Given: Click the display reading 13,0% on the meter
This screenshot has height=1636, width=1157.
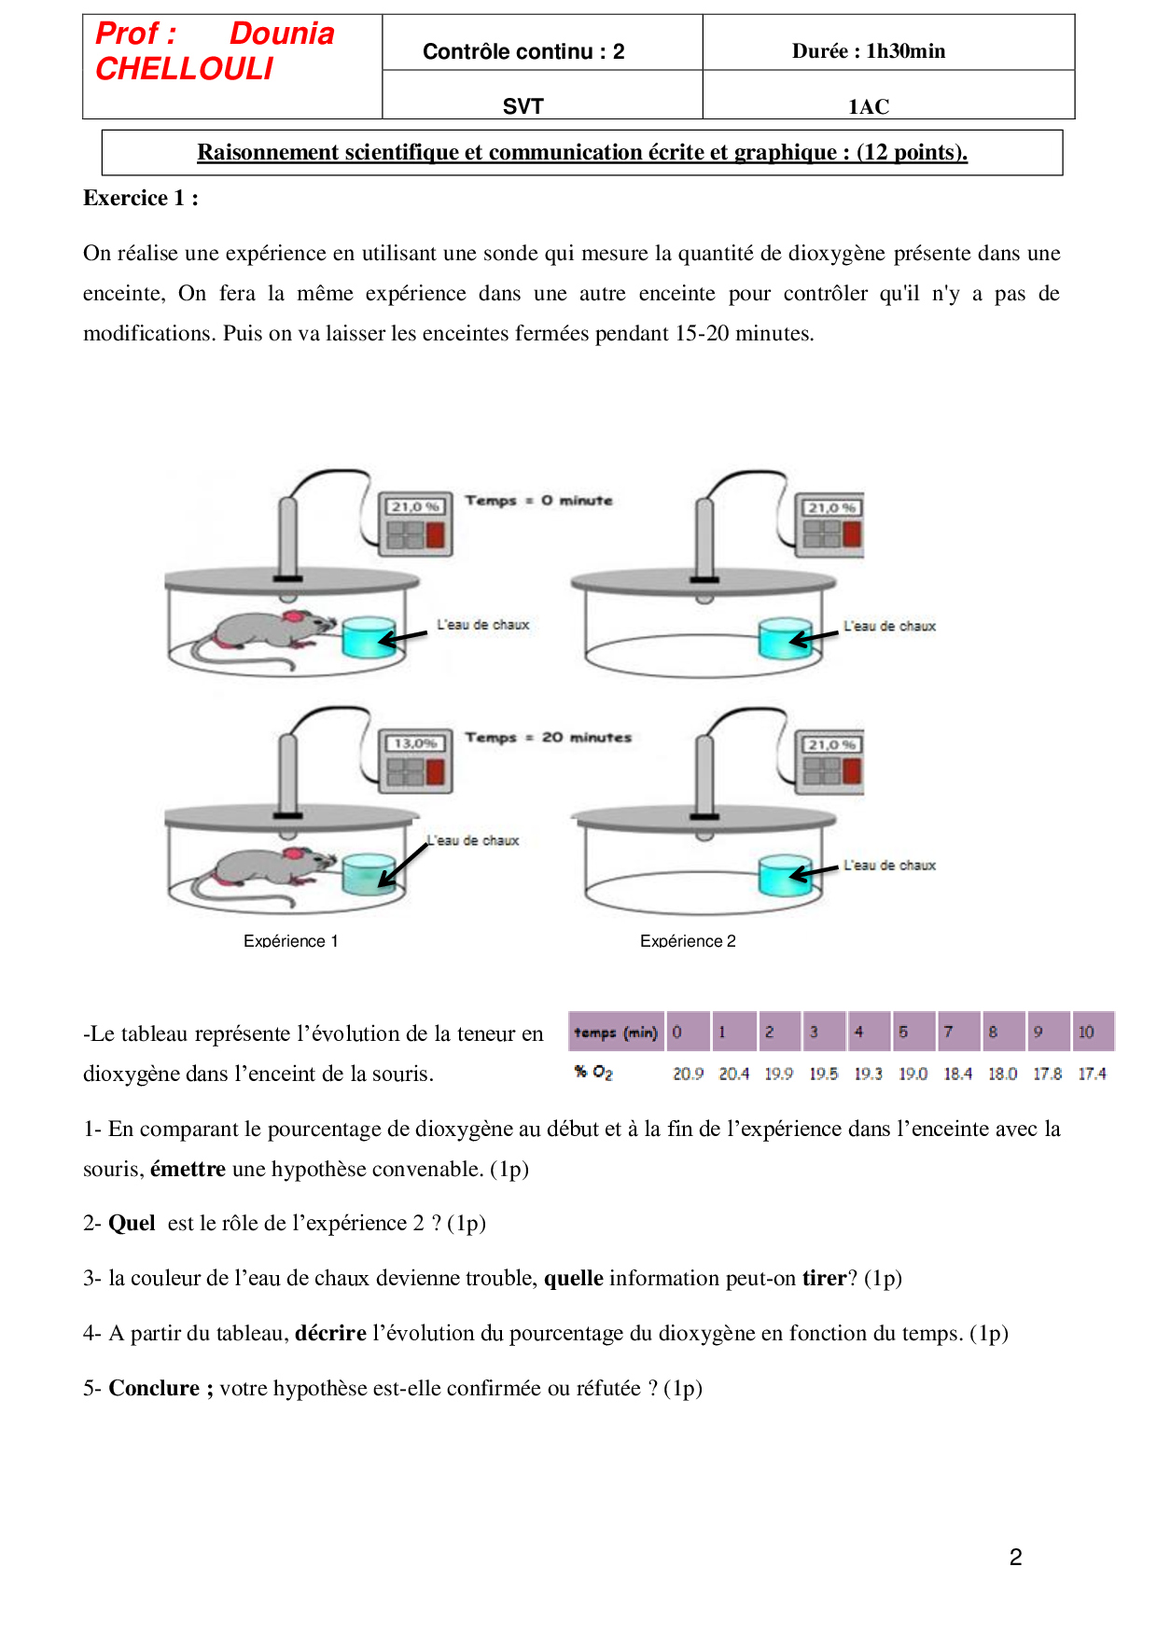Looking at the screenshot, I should point(415,743).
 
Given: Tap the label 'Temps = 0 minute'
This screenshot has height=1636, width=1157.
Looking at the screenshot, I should point(538,501).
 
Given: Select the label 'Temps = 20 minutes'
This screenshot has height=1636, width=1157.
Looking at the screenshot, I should point(548,738).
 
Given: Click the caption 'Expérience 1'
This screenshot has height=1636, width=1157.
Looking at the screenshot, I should point(290,941).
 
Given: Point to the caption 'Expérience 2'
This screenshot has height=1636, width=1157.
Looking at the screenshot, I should point(688,941).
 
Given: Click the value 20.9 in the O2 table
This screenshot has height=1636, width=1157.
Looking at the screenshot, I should point(688,1074).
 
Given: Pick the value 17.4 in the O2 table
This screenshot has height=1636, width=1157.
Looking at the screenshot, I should point(1092,1074).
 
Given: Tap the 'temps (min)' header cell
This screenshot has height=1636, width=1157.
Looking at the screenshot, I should point(616,1032).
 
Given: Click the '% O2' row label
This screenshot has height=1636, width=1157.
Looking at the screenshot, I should point(593,1073).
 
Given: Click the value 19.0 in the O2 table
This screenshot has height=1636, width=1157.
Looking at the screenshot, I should point(913,1074).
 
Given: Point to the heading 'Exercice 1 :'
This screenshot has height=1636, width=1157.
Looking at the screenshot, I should point(141,198).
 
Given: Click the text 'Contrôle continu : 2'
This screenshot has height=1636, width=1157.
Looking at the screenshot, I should point(523,51).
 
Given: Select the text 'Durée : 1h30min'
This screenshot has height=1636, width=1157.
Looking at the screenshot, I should point(869,51).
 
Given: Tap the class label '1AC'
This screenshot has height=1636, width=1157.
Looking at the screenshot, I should point(869,106).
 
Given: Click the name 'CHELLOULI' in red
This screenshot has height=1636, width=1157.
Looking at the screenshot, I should point(185,69).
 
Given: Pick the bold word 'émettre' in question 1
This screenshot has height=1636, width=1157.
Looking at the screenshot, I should point(188,1169).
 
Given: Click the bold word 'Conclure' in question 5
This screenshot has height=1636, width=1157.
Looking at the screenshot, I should point(155,1388).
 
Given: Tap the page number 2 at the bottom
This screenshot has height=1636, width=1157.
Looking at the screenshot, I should point(1015,1557).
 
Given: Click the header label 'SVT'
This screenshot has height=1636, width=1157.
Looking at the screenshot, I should point(523,106).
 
